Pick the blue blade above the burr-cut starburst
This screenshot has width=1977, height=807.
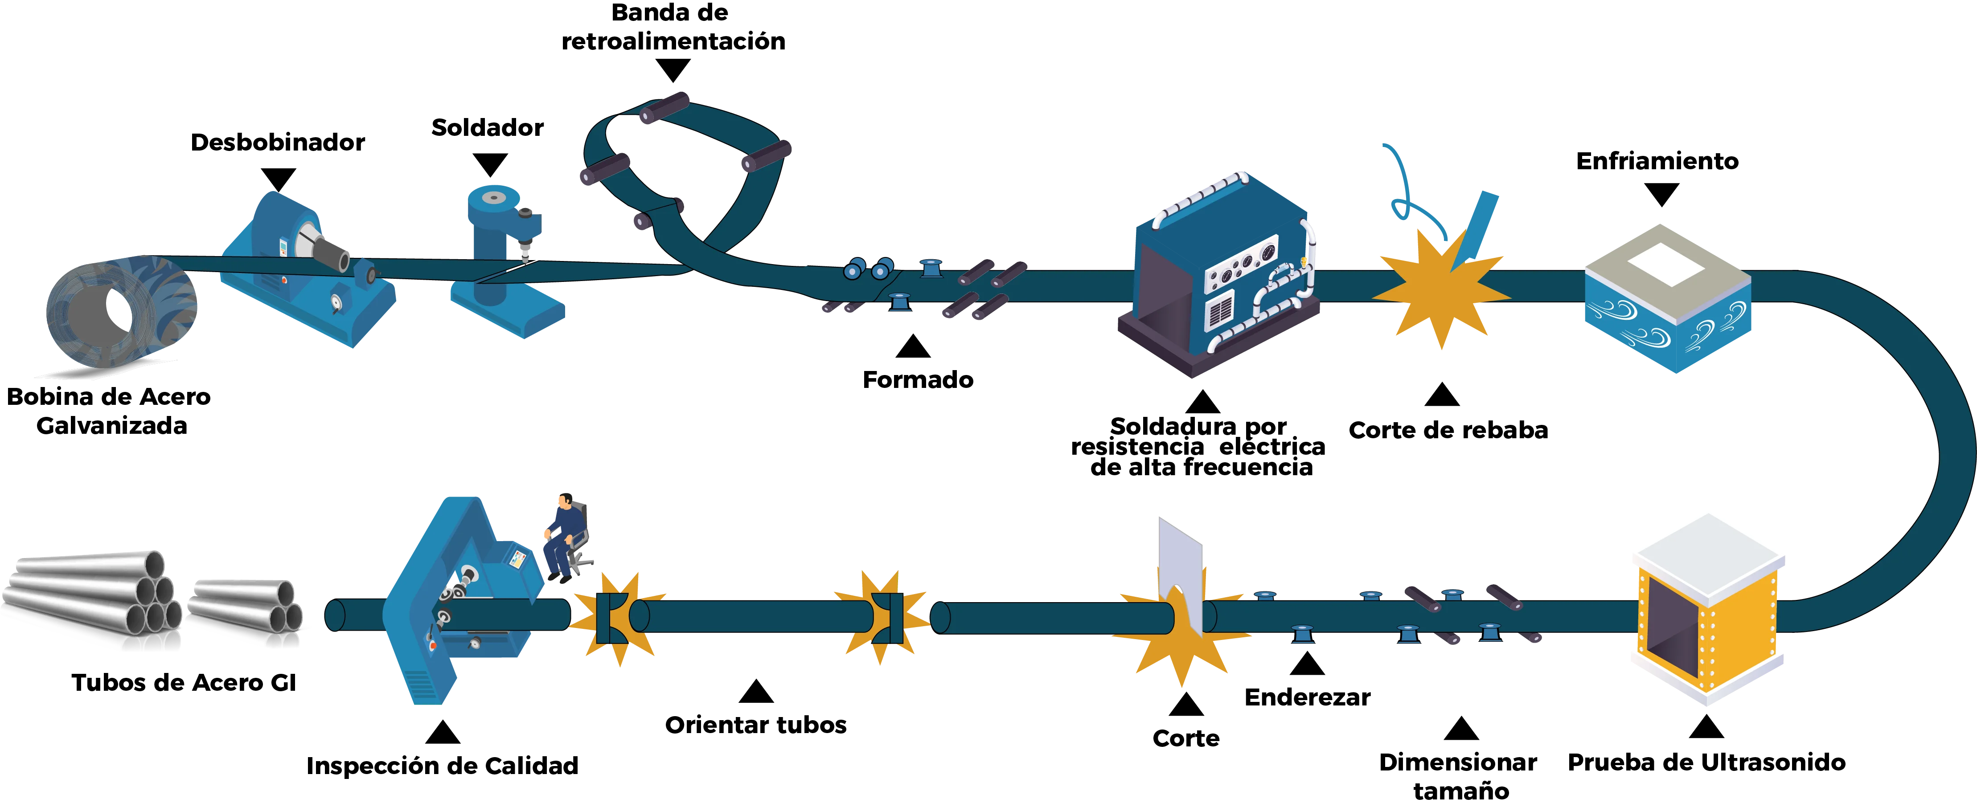[x=1481, y=223]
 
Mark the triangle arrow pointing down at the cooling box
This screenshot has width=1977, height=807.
[x=1661, y=196]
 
